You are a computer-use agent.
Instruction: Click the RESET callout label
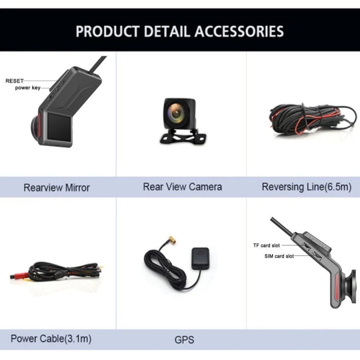coord(14,81)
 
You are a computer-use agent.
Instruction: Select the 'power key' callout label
coord(28,88)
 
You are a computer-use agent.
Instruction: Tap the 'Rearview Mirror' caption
coord(56,187)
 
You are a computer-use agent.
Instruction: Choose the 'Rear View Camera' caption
coord(182,186)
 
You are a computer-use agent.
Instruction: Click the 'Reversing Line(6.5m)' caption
coord(306,187)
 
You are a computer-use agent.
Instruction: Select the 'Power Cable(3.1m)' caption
coord(51,339)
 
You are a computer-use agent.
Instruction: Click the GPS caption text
coord(184,340)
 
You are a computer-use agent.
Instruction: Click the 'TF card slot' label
coord(266,245)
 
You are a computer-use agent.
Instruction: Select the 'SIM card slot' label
coord(279,256)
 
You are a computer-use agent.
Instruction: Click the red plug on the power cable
coord(18,276)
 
